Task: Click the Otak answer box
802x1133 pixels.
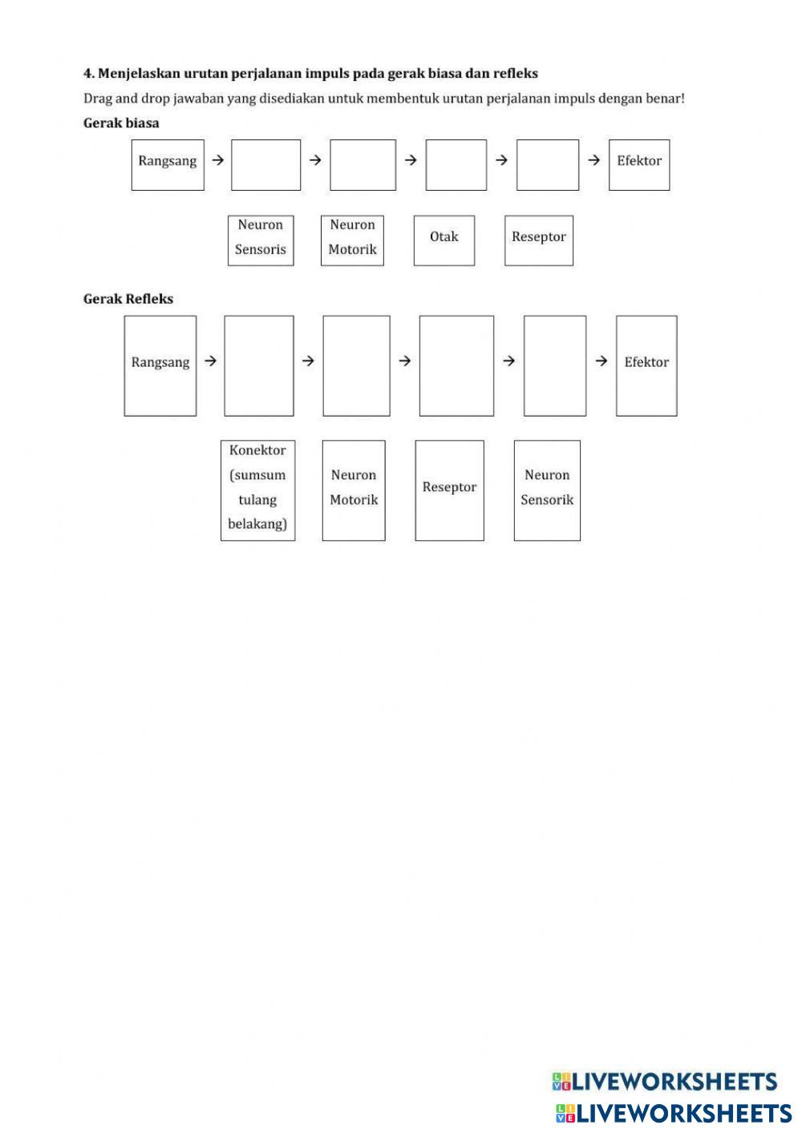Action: [x=444, y=240]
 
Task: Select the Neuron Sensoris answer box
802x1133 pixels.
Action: [x=261, y=240]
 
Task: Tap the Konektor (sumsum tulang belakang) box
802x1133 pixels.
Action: [x=257, y=490]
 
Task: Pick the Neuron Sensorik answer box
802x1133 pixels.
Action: [x=547, y=490]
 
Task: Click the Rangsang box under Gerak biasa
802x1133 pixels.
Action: [x=168, y=165]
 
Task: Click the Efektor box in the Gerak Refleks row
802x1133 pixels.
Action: [x=646, y=366]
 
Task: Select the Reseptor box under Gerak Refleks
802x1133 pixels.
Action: [x=449, y=490]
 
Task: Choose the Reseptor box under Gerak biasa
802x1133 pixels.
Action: [x=539, y=240]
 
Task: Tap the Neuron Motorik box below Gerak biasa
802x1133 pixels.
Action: [x=352, y=240]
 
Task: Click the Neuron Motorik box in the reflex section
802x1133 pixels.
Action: [x=354, y=490]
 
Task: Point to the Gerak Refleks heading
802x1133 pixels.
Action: [x=128, y=299]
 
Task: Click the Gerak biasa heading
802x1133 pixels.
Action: [x=121, y=123]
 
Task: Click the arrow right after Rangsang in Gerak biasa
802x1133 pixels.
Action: [x=217, y=160]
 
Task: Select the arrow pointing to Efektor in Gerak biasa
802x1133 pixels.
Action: [x=593, y=160]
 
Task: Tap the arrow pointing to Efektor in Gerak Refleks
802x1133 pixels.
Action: [x=601, y=361]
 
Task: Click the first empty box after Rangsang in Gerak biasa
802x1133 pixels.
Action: [x=265, y=165]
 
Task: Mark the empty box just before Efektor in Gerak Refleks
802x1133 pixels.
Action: [x=555, y=366]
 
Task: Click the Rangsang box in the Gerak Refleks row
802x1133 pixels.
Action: [x=160, y=366]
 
